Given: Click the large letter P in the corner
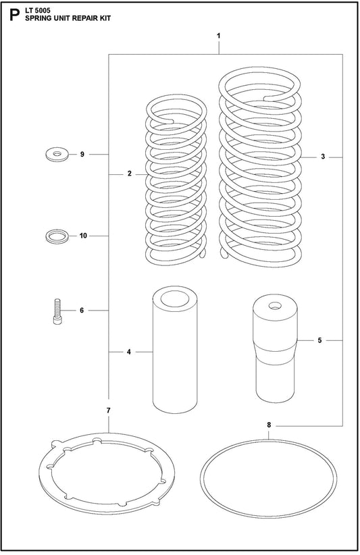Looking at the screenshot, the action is pyautogui.click(x=14, y=16).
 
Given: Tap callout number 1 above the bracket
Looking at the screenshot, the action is pyautogui.click(x=219, y=36).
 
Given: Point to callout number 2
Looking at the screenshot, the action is pyautogui.click(x=130, y=174).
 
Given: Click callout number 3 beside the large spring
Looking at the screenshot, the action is pyautogui.click(x=323, y=157).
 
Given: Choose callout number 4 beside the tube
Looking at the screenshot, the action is pyautogui.click(x=129, y=352).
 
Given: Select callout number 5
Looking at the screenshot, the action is pyautogui.click(x=319, y=340).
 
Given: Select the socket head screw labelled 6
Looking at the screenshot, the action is pyautogui.click(x=57, y=311).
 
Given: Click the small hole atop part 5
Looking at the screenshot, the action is pyautogui.click(x=274, y=305).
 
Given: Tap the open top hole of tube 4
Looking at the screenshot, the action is pyautogui.click(x=175, y=298).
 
